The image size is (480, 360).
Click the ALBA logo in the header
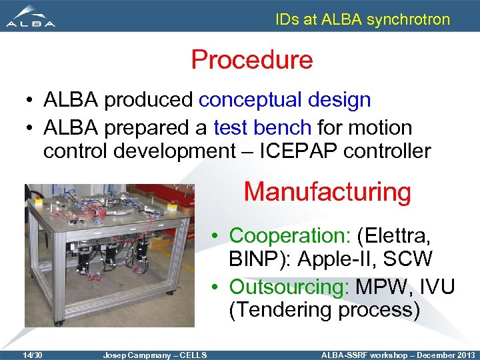pos(31,17)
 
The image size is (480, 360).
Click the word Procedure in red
pos(252,60)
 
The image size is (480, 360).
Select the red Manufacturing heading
pos(327,191)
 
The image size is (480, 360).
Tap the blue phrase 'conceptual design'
pos(285,100)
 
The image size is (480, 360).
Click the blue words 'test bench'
pos(262,127)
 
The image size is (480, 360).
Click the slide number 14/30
pos(31,355)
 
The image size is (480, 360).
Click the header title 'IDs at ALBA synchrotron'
pos(363,19)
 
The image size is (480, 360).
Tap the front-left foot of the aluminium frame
pos(59,323)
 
